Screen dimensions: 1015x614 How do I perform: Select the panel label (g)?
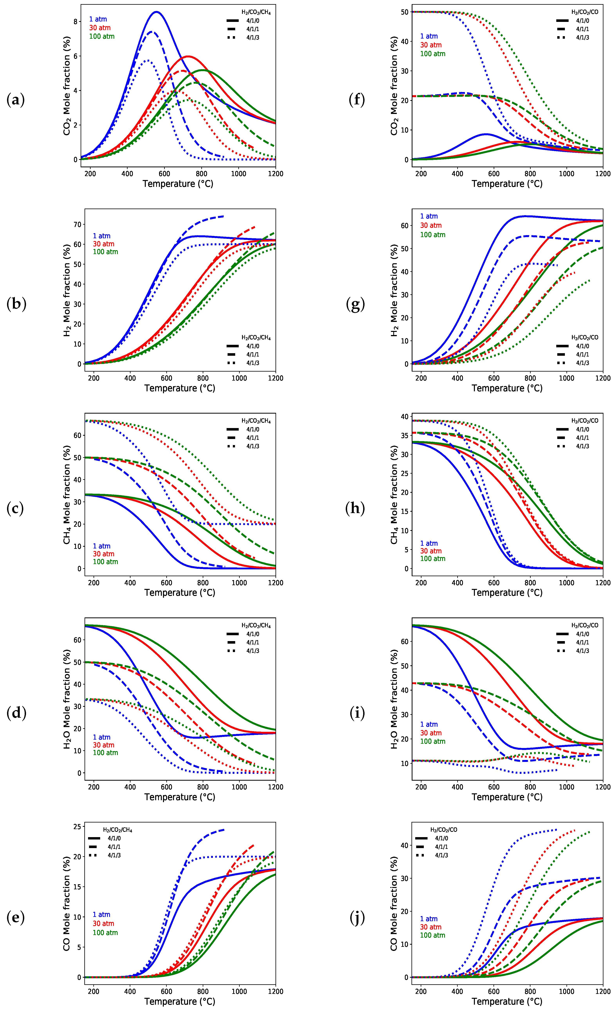356,304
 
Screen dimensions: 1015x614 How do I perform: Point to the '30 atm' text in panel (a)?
100,28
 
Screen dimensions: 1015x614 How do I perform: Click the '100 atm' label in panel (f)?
433,54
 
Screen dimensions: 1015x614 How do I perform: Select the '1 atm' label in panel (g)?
429,216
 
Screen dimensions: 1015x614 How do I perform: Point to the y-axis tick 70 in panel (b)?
77,225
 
